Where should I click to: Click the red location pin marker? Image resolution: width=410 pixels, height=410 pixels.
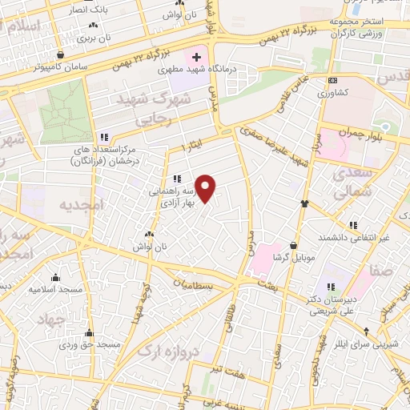coord(207,189)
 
